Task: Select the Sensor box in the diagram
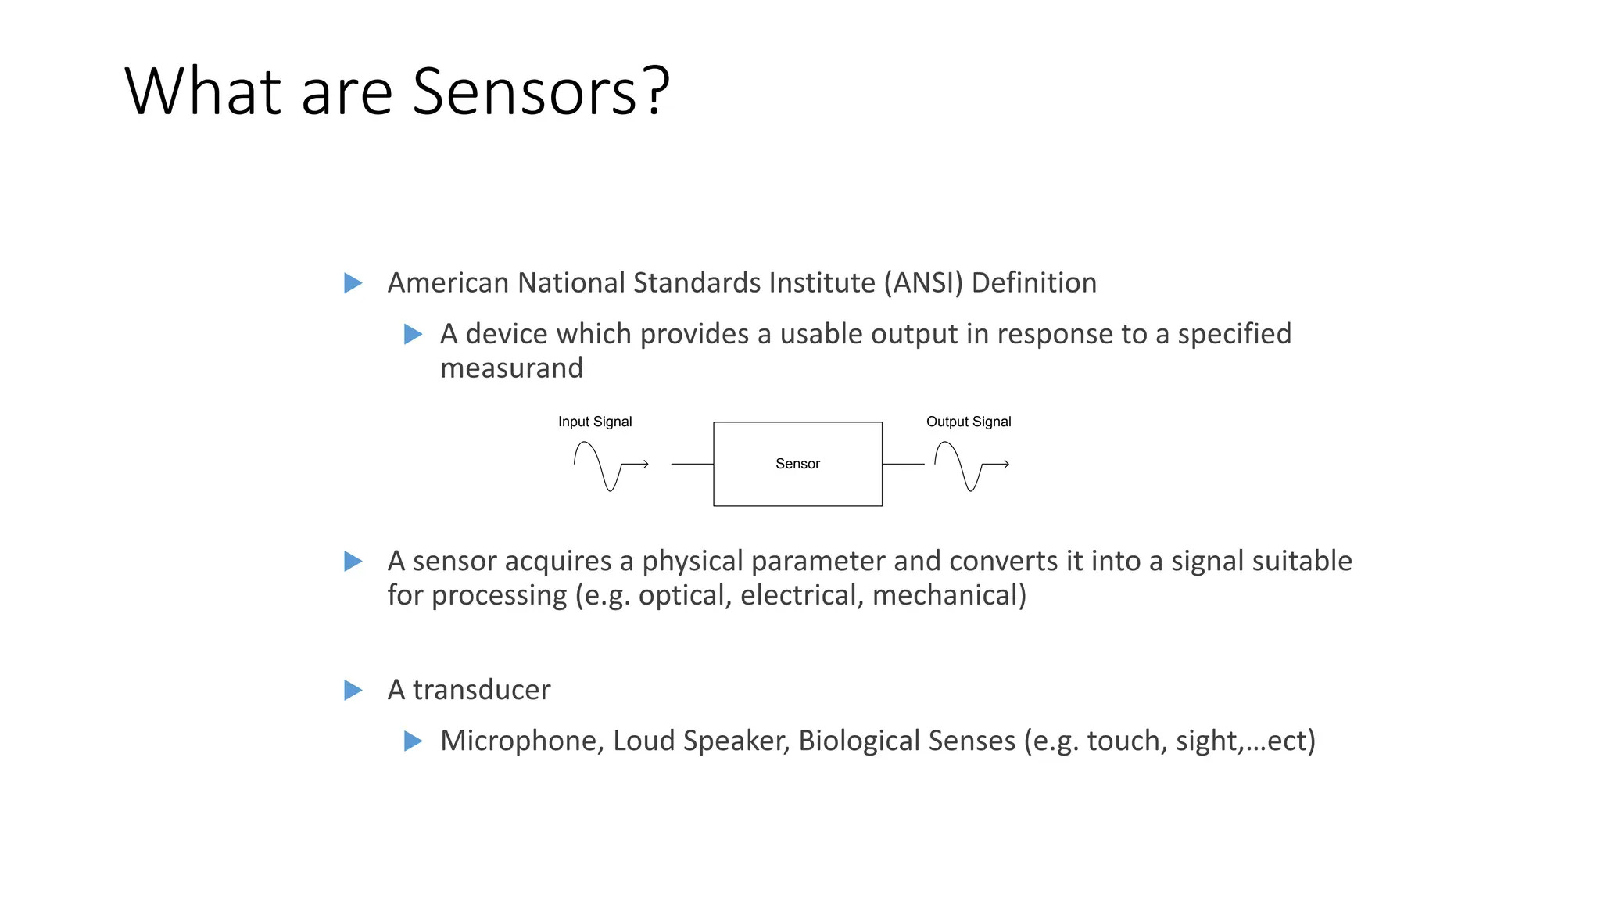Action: [797, 464]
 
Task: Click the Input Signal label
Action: [595, 422]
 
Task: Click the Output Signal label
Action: [969, 422]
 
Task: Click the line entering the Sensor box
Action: [692, 464]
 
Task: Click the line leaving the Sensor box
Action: [903, 464]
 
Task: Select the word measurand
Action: [511, 368]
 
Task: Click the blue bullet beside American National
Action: [353, 283]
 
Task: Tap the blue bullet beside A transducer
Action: [353, 690]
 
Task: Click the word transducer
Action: [481, 690]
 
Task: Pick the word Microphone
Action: [521, 741]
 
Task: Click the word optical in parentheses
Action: [684, 596]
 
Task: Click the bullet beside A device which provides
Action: [413, 335]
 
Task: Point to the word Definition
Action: [1033, 283]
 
